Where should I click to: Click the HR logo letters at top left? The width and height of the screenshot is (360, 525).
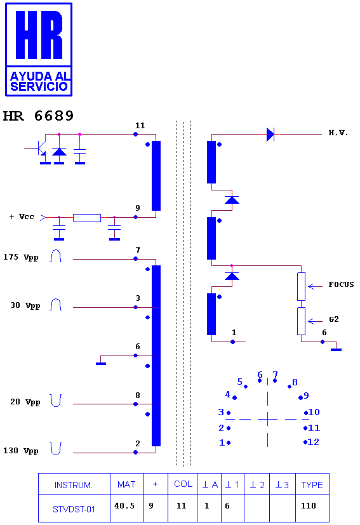(x=39, y=35)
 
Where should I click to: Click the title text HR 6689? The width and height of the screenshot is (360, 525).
(x=38, y=116)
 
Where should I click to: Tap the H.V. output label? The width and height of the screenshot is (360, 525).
(x=338, y=133)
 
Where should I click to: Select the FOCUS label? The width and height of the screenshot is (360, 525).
(x=341, y=284)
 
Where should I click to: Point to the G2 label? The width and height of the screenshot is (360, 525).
(x=334, y=319)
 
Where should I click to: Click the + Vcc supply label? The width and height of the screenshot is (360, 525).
(x=22, y=216)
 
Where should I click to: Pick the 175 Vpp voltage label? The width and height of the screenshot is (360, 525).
(x=21, y=257)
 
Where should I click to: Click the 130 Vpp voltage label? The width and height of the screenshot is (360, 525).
(x=21, y=451)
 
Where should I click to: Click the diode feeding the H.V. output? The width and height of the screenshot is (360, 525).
(x=270, y=134)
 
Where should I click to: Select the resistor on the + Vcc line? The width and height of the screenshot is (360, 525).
(x=87, y=218)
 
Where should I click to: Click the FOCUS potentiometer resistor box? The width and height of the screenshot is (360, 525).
(x=301, y=286)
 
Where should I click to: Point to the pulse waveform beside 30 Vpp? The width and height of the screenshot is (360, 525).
(x=56, y=304)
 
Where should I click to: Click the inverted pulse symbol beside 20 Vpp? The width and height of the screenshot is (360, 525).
(x=56, y=401)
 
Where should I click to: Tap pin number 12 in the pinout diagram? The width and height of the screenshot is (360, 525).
(x=314, y=442)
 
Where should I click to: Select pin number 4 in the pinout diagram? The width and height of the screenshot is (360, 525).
(x=228, y=394)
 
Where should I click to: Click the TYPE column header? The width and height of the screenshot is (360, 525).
(x=312, y=484)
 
